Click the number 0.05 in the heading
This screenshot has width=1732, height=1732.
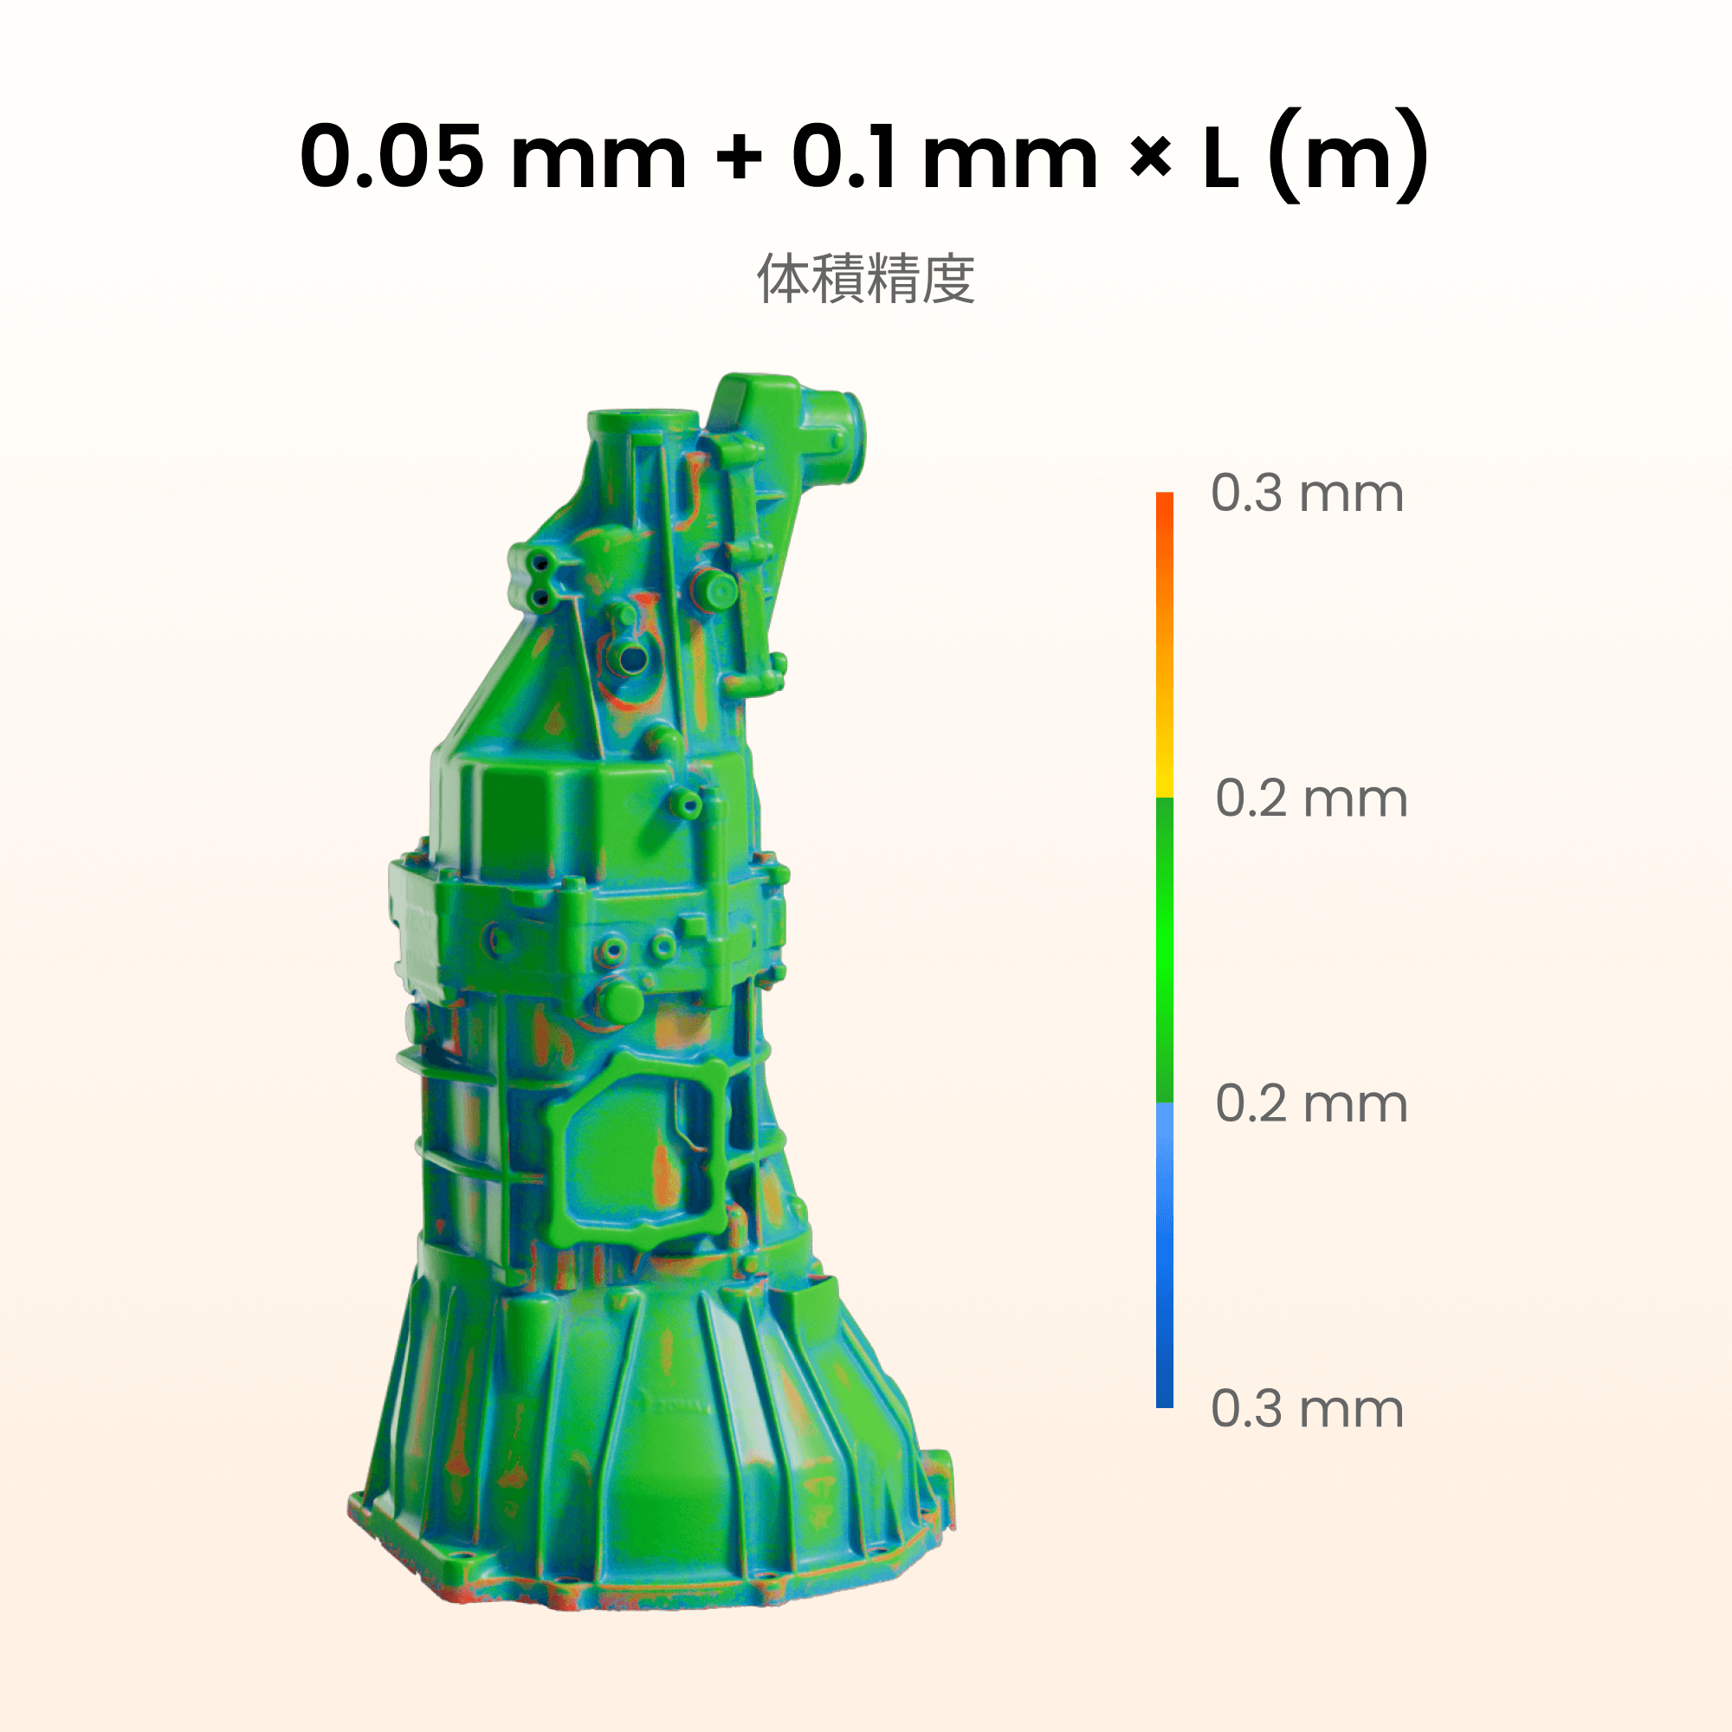(391, 157)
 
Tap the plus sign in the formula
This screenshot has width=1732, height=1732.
(739, 158)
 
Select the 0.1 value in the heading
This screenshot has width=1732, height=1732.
(843, 157)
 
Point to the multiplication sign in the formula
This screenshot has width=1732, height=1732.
(1150, 158)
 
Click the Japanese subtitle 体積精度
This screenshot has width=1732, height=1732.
(866, 279)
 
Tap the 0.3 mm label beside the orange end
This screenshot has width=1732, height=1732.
(1307, 493)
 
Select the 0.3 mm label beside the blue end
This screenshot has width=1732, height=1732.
(1307, 1409)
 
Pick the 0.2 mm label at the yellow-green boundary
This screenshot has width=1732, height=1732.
(1311, 798)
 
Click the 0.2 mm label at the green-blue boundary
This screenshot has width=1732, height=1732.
(1311, 1103)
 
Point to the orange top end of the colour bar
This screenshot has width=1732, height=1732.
(1165, 511)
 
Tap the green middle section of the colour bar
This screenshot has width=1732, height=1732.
(1165, 950)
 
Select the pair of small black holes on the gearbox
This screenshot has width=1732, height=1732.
(540, 580)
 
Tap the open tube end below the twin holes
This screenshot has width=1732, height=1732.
(633, 659)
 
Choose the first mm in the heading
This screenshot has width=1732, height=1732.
(598, 158)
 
